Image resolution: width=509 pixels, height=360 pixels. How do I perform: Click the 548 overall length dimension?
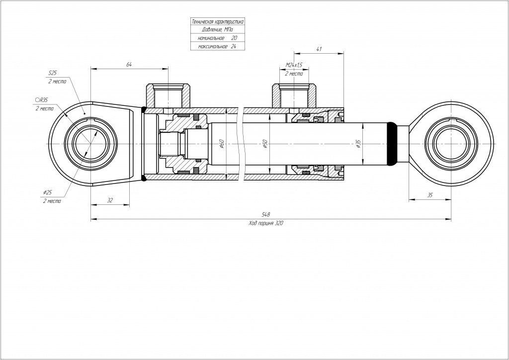[266, 214]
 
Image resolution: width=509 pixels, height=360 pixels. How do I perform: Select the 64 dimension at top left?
[129, 64]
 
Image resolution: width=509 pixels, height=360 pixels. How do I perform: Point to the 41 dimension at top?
[319, 49]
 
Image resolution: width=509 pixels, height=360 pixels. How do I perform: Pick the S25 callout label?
[53, 73]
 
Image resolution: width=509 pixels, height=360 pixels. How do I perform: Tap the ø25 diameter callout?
[49, 192]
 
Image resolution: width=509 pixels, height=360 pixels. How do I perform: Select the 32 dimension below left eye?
[110, 200]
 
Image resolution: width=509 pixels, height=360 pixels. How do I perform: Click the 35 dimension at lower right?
[430, 195]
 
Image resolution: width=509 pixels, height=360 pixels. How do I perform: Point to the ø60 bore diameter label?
[222, 144]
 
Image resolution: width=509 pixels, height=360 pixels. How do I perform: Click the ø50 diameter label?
[265, 144]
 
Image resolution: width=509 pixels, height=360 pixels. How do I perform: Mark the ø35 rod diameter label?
[358, 144]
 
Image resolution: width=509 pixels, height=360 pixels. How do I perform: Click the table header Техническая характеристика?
[217, 22]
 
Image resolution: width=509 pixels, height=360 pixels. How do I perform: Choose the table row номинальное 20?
[217, 38]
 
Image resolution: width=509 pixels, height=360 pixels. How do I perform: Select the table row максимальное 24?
[217, 46]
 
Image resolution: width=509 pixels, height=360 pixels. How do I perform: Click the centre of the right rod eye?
[450, 144]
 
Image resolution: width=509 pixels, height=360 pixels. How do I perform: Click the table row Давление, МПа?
[217, 30]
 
